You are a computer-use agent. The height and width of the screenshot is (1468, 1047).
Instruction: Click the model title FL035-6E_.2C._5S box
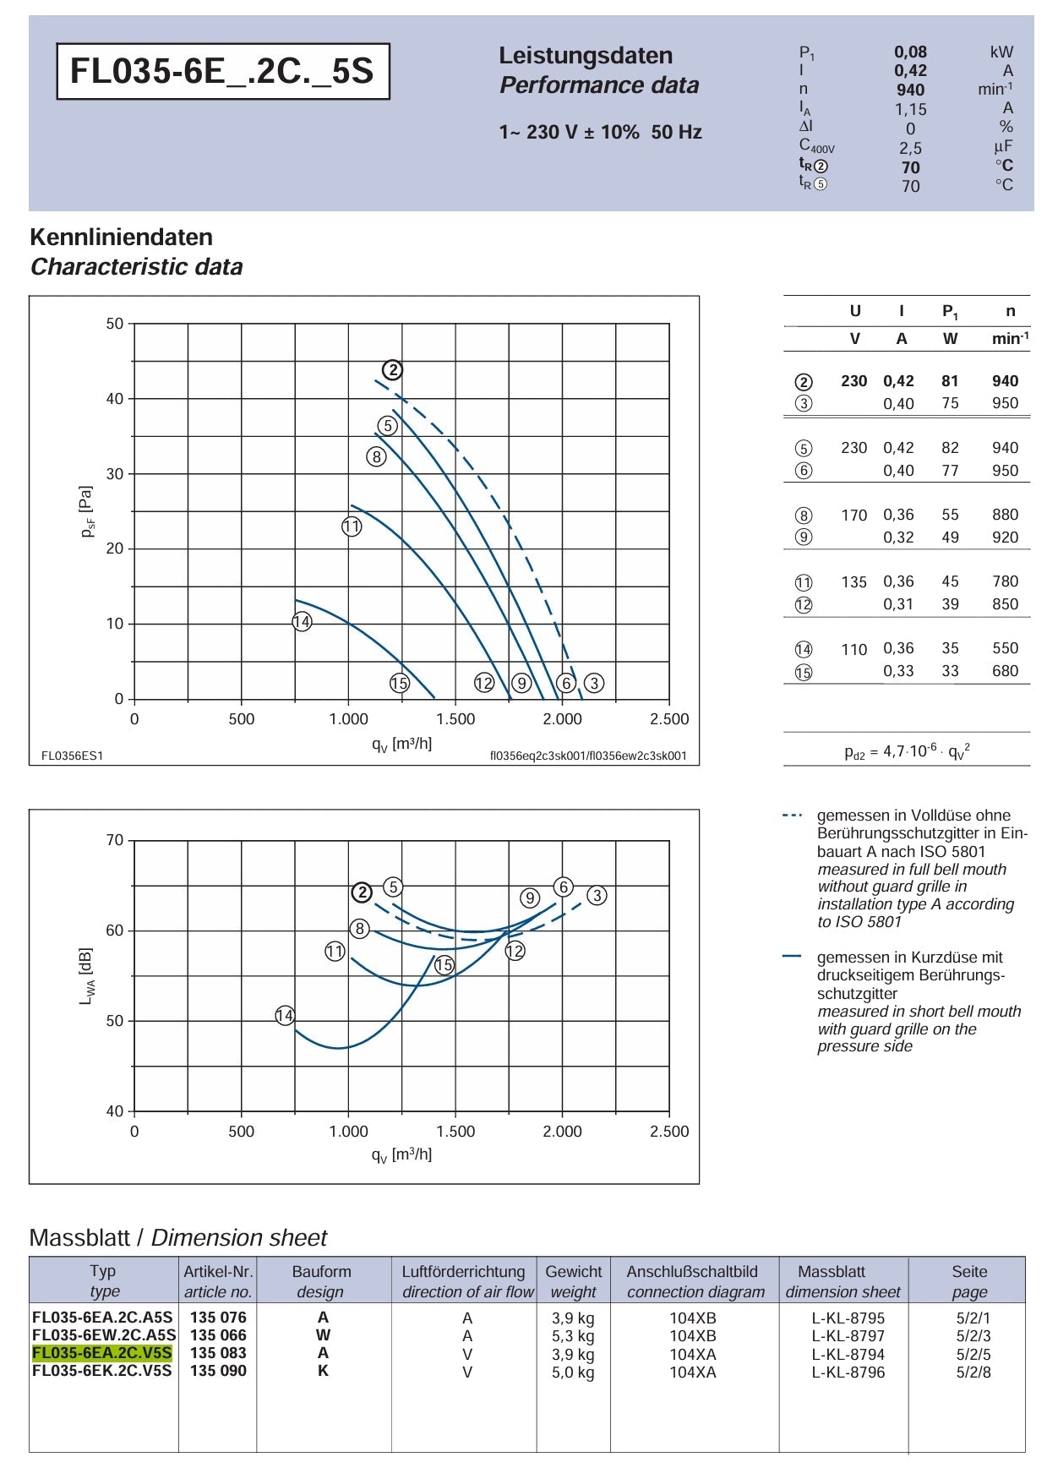[x=223, y=71]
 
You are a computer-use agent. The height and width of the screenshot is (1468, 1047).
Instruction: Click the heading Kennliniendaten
[x=121, y=237]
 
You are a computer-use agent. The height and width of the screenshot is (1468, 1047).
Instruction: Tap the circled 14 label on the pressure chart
[x=302, y=622]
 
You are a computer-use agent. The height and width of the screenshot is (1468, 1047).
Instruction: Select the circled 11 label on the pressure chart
[x=352, y=527]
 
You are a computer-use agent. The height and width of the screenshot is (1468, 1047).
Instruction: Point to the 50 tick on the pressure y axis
[x=115, y=324]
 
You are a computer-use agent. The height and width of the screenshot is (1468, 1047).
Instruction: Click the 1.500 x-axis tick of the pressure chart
[x=455, y=719]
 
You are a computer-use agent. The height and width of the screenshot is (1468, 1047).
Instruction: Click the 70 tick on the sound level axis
[x=115, y=840]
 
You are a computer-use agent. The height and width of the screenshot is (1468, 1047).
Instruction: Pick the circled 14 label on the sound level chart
[x=285, y=1016]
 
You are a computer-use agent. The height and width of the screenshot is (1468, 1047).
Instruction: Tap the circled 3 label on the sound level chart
[x=597, y=895]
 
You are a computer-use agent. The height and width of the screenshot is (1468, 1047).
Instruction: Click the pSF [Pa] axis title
[x=86, y=511]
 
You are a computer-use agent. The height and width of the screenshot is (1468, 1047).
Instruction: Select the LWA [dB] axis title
[x=86, y=975]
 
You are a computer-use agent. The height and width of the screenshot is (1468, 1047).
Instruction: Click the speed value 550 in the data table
[x=1006, y=648]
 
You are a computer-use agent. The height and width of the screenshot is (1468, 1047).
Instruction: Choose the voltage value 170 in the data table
[x=853, y=515]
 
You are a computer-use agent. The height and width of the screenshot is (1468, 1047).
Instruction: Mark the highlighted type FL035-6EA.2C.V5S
[x=102, y=1353]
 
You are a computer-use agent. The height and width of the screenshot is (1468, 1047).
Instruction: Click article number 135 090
[x=218, y=1371]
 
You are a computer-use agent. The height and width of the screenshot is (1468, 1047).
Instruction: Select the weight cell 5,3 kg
[x=573, y=1336]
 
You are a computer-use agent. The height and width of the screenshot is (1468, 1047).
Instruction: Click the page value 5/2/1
[x=973, y=1318]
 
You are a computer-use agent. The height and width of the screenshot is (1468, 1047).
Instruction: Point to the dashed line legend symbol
[x=792, y=816]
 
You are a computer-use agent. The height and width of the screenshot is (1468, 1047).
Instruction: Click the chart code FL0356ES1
[x=72, y=756]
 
